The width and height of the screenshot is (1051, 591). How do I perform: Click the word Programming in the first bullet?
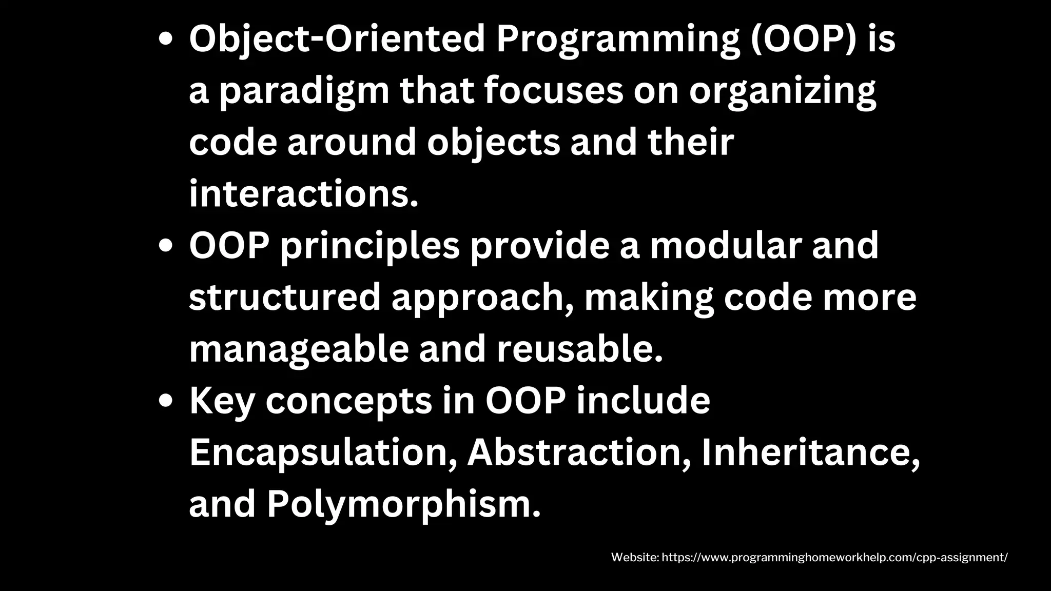point(618,40)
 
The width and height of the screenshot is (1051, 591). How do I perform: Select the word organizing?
point(782,91)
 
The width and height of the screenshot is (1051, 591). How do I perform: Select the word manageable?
point(299,350)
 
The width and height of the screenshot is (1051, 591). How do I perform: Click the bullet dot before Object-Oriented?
point(165,41)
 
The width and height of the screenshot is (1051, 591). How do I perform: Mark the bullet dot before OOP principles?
point(165,246)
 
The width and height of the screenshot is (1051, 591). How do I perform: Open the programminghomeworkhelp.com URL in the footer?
point(834,558)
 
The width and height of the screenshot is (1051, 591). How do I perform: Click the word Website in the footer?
point(634,558)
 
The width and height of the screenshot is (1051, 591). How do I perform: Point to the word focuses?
point(554,91)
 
